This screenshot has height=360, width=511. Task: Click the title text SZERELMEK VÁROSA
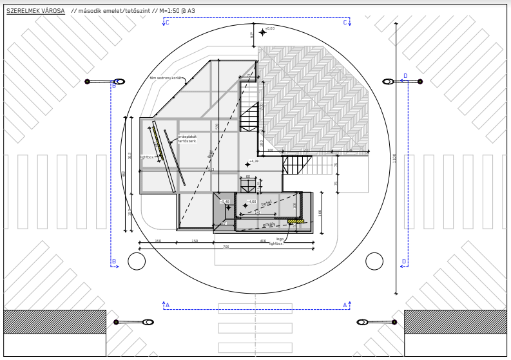coord(35,11)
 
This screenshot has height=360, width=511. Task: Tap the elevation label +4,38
coord(253,162)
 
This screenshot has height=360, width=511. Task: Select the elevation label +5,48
coord(224,202)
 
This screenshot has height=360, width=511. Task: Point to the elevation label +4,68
coord(251,202)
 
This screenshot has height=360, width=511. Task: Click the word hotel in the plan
coord(266,204)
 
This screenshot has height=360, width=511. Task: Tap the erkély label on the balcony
coord(269,225)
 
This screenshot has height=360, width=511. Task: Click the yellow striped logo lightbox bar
coord(296,222)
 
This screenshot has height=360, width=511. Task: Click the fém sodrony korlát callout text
coord(166,78)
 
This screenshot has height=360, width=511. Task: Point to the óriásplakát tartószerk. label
coord(187,138)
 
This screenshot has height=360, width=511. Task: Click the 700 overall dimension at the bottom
coord(226,247)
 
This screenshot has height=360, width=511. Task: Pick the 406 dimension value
coord(263,242)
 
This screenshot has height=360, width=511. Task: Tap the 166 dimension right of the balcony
coord(320,212)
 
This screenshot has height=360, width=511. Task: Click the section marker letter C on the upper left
coord(167,23)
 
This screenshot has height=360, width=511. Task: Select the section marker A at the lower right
coord(345,305)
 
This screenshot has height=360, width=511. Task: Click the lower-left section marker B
coord(114,262)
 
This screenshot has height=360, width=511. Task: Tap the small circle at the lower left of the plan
coord(137,261)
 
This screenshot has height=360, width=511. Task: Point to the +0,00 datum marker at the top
coord(263,32)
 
